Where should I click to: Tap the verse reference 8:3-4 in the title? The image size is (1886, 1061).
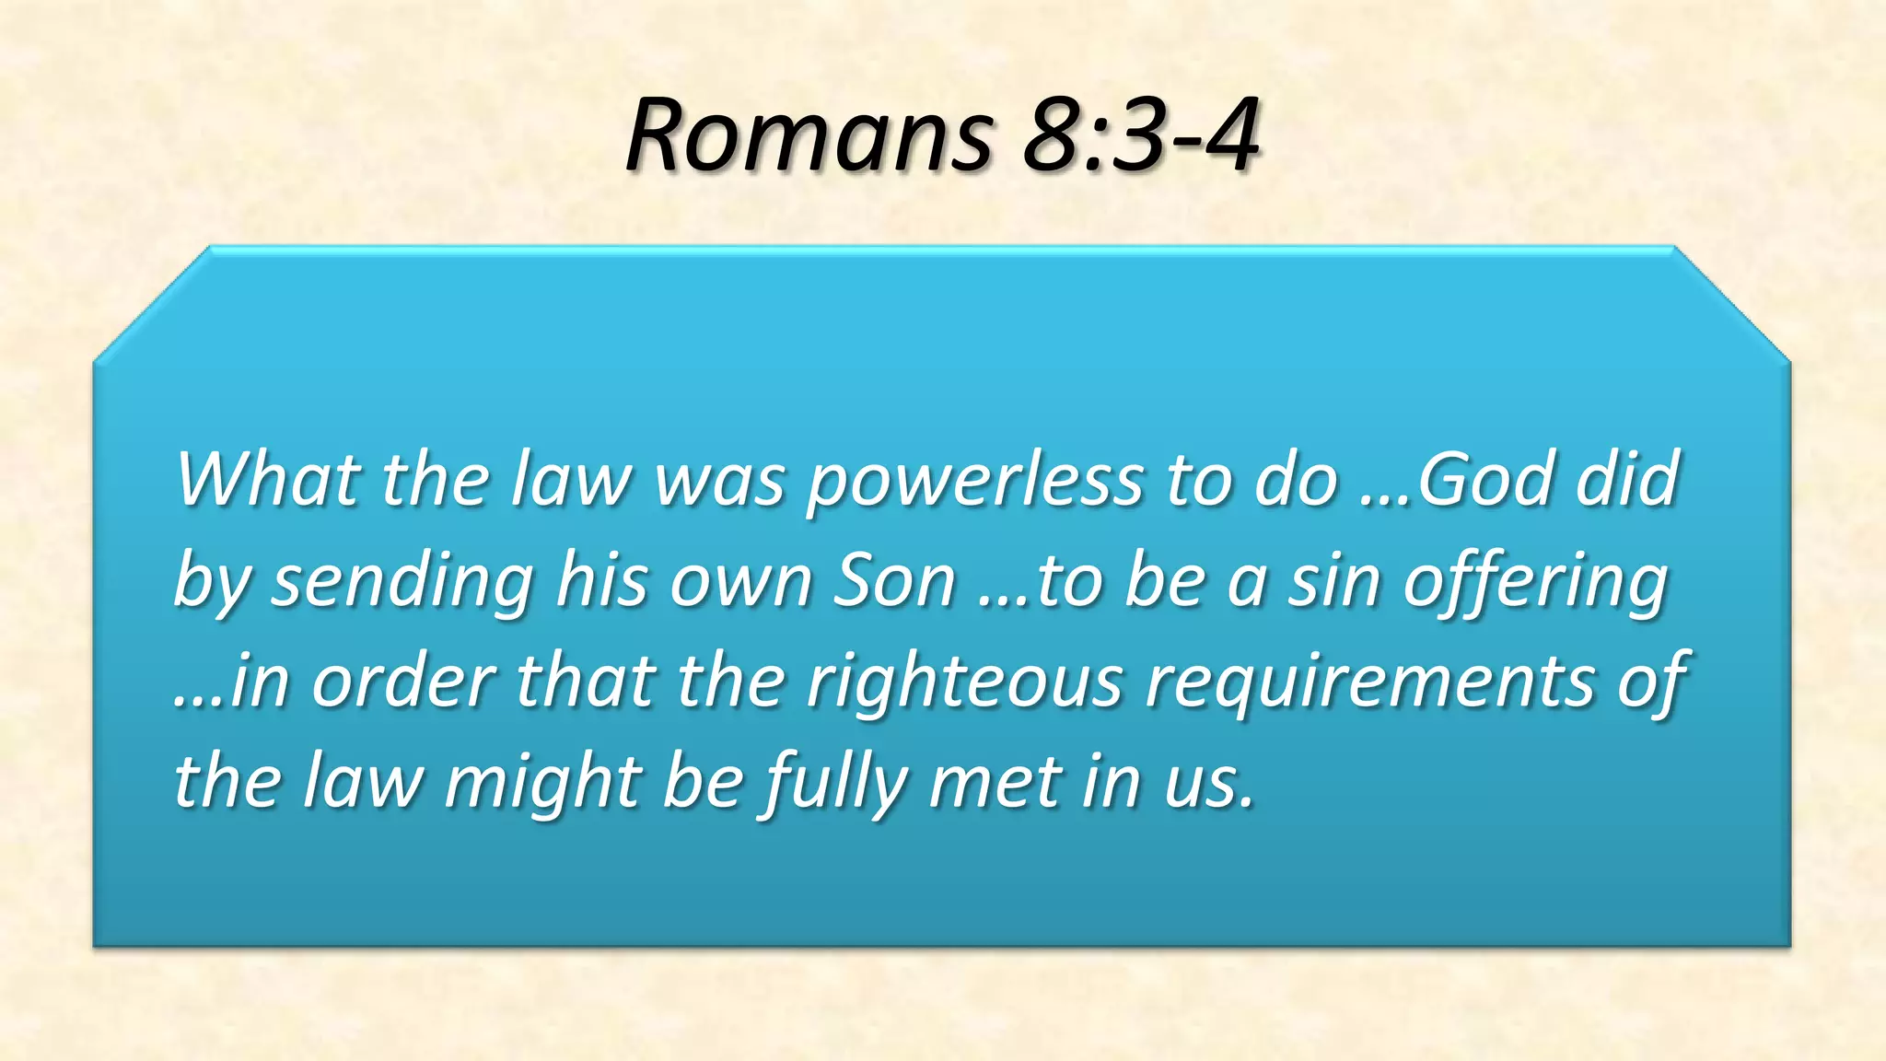point(1140,136)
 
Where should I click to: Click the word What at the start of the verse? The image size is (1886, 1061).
point(267,479)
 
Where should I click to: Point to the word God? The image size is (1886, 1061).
point(1485,479)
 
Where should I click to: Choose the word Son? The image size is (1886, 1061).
point(894,582)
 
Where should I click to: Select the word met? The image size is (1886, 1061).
point(995,784)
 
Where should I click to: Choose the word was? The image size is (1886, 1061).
point(719,481)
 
